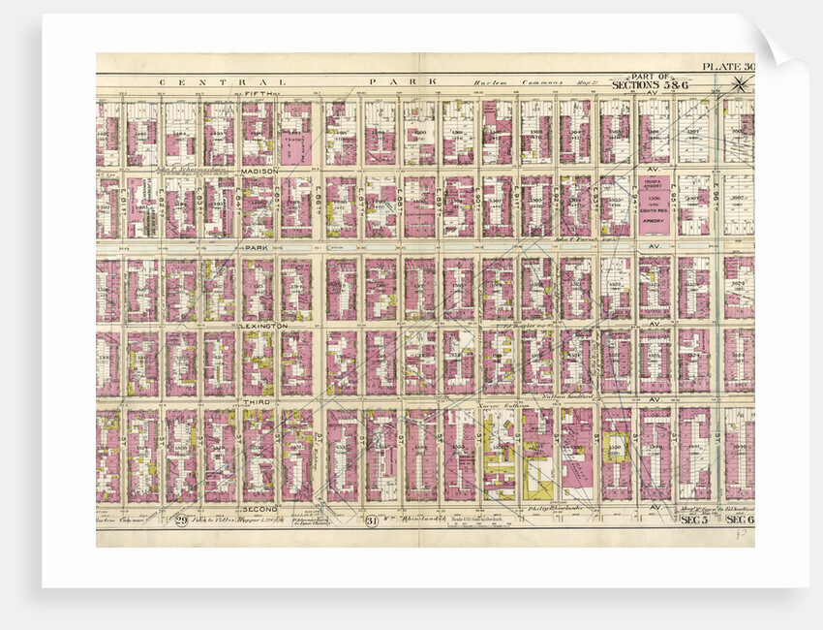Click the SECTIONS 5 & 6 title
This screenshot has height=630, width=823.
650,85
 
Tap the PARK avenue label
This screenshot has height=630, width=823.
256,248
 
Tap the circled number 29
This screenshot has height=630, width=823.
181,522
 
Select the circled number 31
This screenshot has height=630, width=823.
372,522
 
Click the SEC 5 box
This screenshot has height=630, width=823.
693,521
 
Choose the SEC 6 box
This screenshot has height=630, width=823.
739,521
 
